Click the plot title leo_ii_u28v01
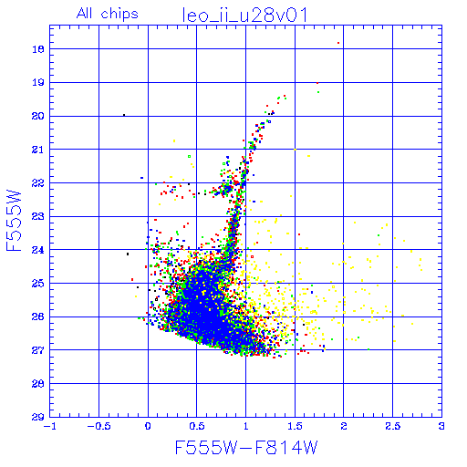click(x=244, y=16)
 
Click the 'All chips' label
click(x=108, y=14)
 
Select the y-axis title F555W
click(x=14, y=221)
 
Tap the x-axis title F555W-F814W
click(x=246, y=447)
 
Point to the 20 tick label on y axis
click(x=37, y=116)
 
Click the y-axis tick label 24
click(x=37, y=250)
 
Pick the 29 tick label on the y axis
click(x=37, y=417)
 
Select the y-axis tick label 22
click(x=37, y=183)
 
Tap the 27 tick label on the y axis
click(x=37, y=350)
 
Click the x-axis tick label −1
click(x=50, y=426)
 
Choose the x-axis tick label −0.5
click(x=99, y=426)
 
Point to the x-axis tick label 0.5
click(x=197, y=426)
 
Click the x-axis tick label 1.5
click(x=295, y=426)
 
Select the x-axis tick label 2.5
click(x=393, y=426)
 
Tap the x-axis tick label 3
click(x=441, y=426)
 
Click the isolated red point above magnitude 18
click(x=338, y=43)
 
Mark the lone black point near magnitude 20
click(x=124, y=115)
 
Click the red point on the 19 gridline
click(x=317, y=83)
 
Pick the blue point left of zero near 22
click(x=141, y=178)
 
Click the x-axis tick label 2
click(x=344, y=426)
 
